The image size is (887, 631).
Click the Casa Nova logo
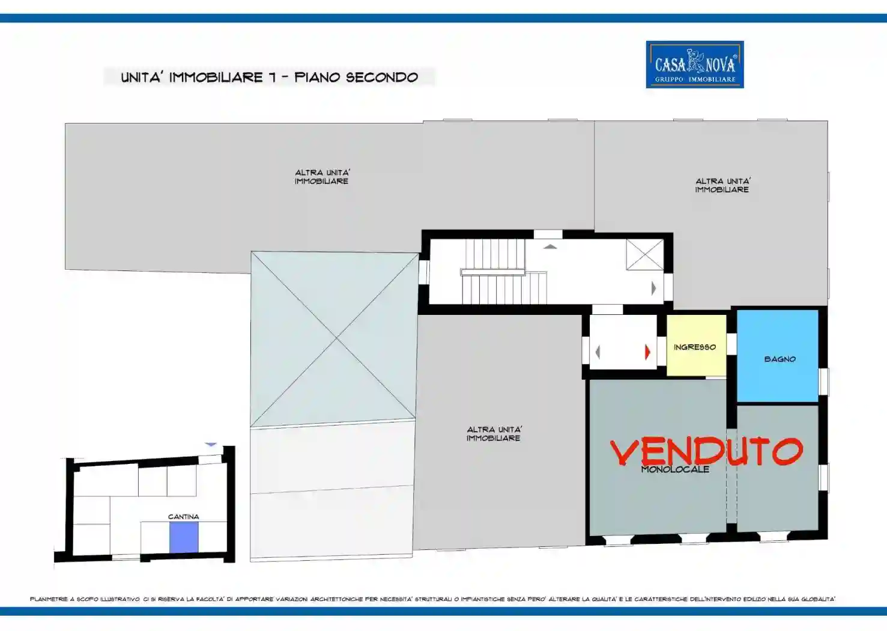(x=694, y=64)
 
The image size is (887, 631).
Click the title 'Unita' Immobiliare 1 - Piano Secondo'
(x=269, y=77)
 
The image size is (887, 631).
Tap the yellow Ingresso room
(x=695, y=346)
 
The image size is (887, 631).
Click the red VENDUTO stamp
(x=706, y=451)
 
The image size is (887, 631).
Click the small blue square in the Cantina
(x=184, y=537)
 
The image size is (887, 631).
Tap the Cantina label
(x=183, y=517)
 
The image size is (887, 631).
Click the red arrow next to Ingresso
(x=647, y=352)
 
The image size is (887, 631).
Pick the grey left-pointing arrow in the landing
(x=597, y=352)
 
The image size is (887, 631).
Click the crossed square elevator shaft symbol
(x=644, y=255)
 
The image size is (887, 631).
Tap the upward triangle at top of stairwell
(x=550, y=246)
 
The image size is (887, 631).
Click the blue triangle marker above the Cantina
(x=211, y=444)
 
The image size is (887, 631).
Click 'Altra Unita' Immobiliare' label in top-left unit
(x=322, y=177)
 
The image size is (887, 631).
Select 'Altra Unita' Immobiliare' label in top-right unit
(x=722, y=185)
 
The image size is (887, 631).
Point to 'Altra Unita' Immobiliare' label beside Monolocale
(x=494, y=434)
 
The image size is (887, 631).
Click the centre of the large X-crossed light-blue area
(x=335, y=339)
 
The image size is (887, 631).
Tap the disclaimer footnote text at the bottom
(x=432, y=599)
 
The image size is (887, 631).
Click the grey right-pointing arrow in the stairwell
(x=654, y=288)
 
